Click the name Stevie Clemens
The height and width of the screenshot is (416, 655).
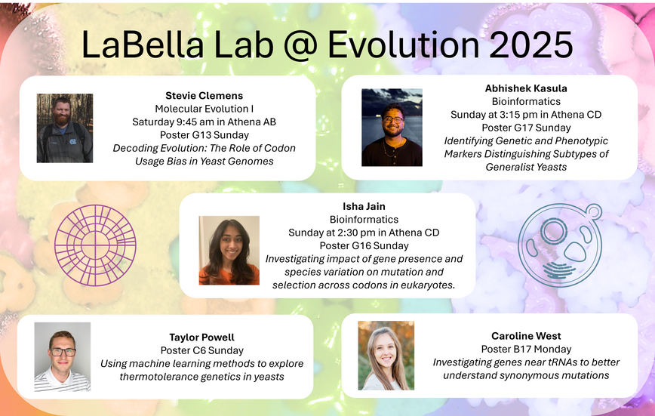[x=204, y=96]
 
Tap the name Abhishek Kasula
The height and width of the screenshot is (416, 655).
[x=526, y=88]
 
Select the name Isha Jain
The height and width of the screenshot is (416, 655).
[x=364, y=206]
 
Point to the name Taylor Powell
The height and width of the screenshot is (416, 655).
[x=201, y=337]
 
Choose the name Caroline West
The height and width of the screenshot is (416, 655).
[x=526, y=336]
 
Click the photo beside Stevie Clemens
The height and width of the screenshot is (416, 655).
[x=65, y=128]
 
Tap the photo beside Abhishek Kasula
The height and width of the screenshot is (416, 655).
[x=392, y=128]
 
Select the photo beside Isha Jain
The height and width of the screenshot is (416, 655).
[x=229, y=251]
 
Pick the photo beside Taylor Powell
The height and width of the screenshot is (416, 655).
[x=62, y=356]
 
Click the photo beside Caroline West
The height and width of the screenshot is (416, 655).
[x=386, y=356]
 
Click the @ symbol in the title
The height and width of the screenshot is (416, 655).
[x=300, y=45]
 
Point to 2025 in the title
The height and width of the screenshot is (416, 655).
[x=530, y=45]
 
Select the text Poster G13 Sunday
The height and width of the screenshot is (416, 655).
[x=204, y=135]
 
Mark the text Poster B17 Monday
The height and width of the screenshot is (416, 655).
[x=526, y=349]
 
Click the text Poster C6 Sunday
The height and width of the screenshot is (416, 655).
[x=201, y=350]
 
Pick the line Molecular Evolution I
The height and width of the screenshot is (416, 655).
[x=204, y=109]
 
